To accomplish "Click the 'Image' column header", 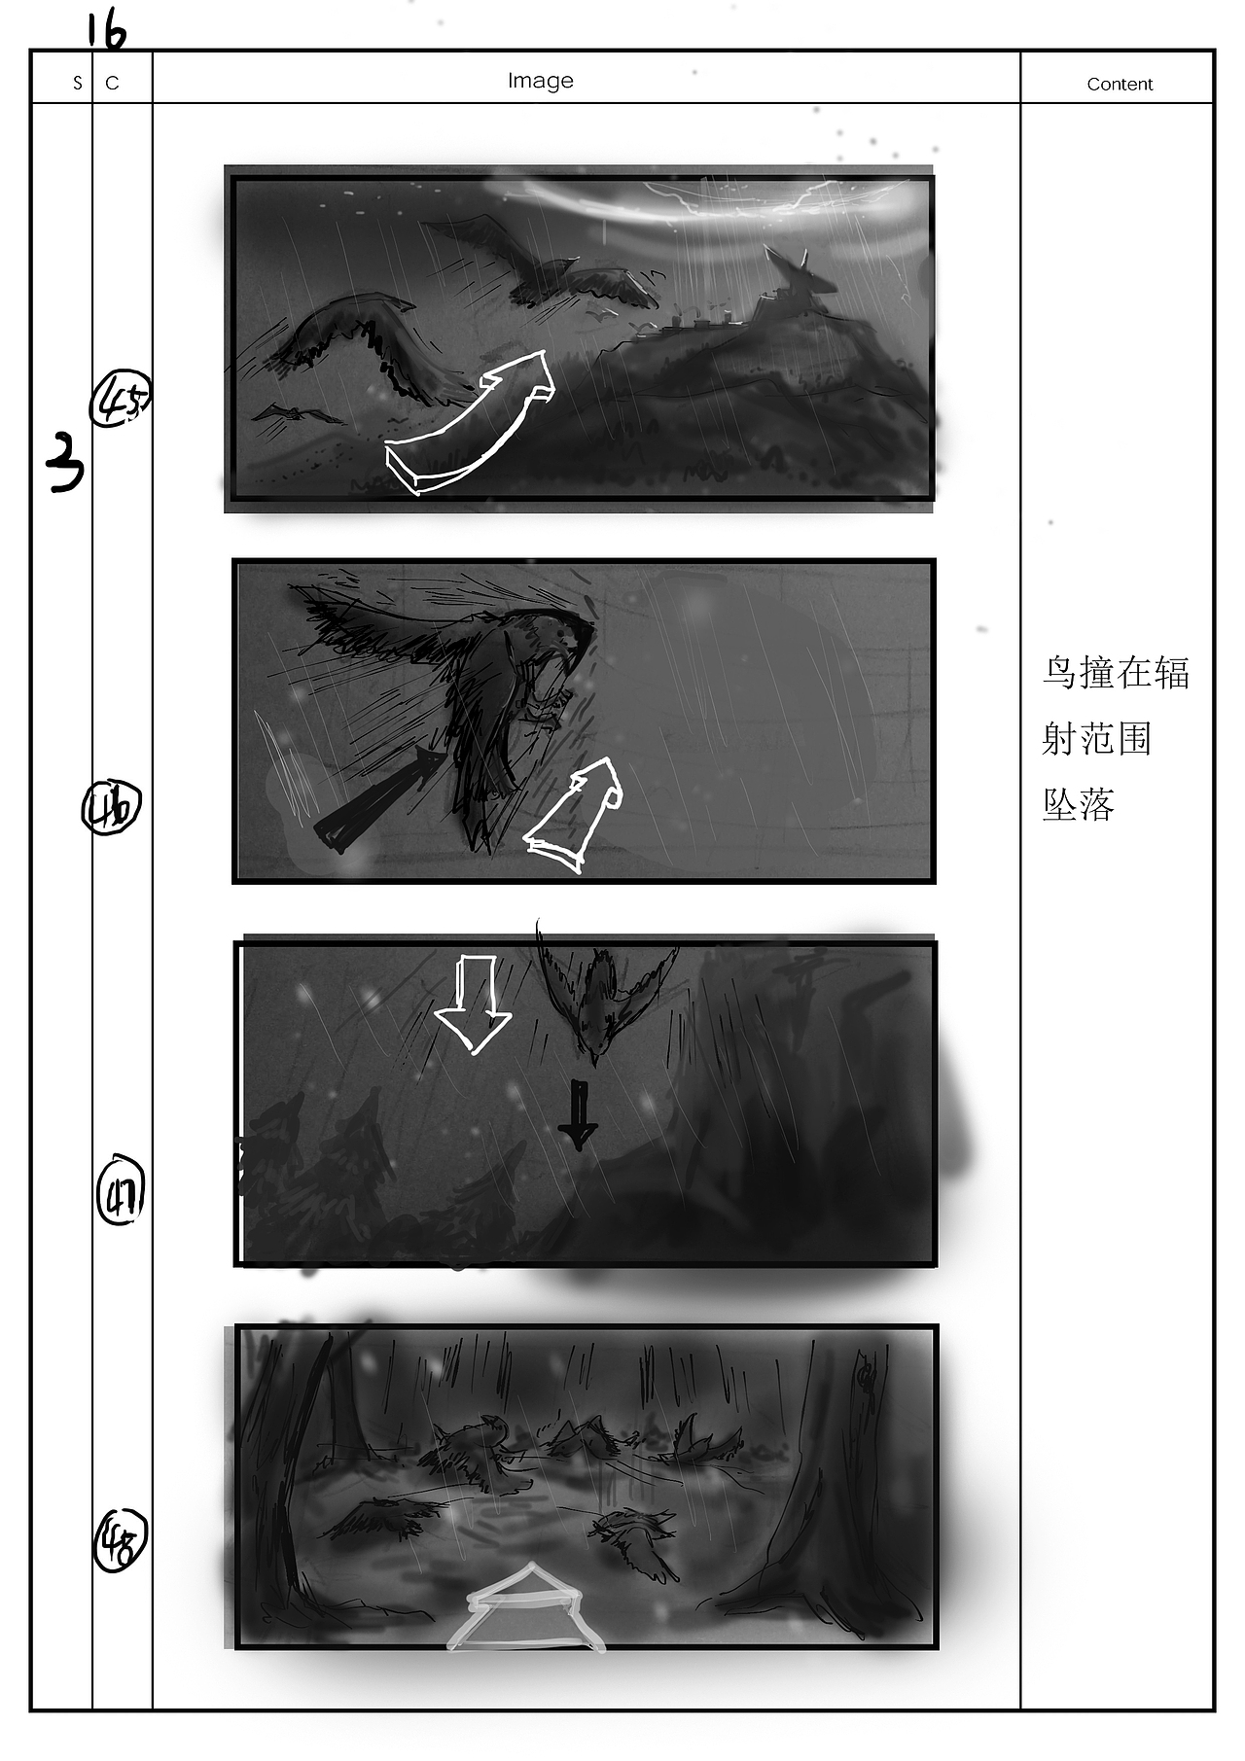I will point(540,81).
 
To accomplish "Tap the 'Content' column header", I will point(1119,85).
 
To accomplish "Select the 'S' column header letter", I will point(78,84).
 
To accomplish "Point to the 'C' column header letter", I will point(112,84).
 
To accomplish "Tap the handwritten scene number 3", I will point(65,462).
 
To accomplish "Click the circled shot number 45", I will point(121,400).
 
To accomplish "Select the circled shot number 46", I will point(111,808).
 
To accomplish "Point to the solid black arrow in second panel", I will point(374,802).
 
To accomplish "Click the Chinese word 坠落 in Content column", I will point(1078,804).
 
